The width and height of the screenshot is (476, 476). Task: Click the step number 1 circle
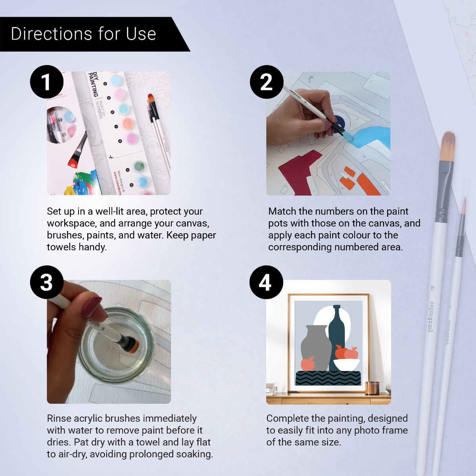(47, 82)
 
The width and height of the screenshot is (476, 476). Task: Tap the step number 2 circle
(267, 82)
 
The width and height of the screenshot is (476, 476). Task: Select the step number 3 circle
(47, 282)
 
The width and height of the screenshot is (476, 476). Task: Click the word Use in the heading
(141, 34)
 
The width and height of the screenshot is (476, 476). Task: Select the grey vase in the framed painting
(316, 347)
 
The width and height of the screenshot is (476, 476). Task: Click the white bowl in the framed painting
(346, 364)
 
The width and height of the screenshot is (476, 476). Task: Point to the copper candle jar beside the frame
(372, 388)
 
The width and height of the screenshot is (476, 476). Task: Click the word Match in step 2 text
(282, 211)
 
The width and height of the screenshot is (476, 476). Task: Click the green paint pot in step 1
(138, 166)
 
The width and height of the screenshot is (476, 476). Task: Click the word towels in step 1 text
(62, 247)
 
